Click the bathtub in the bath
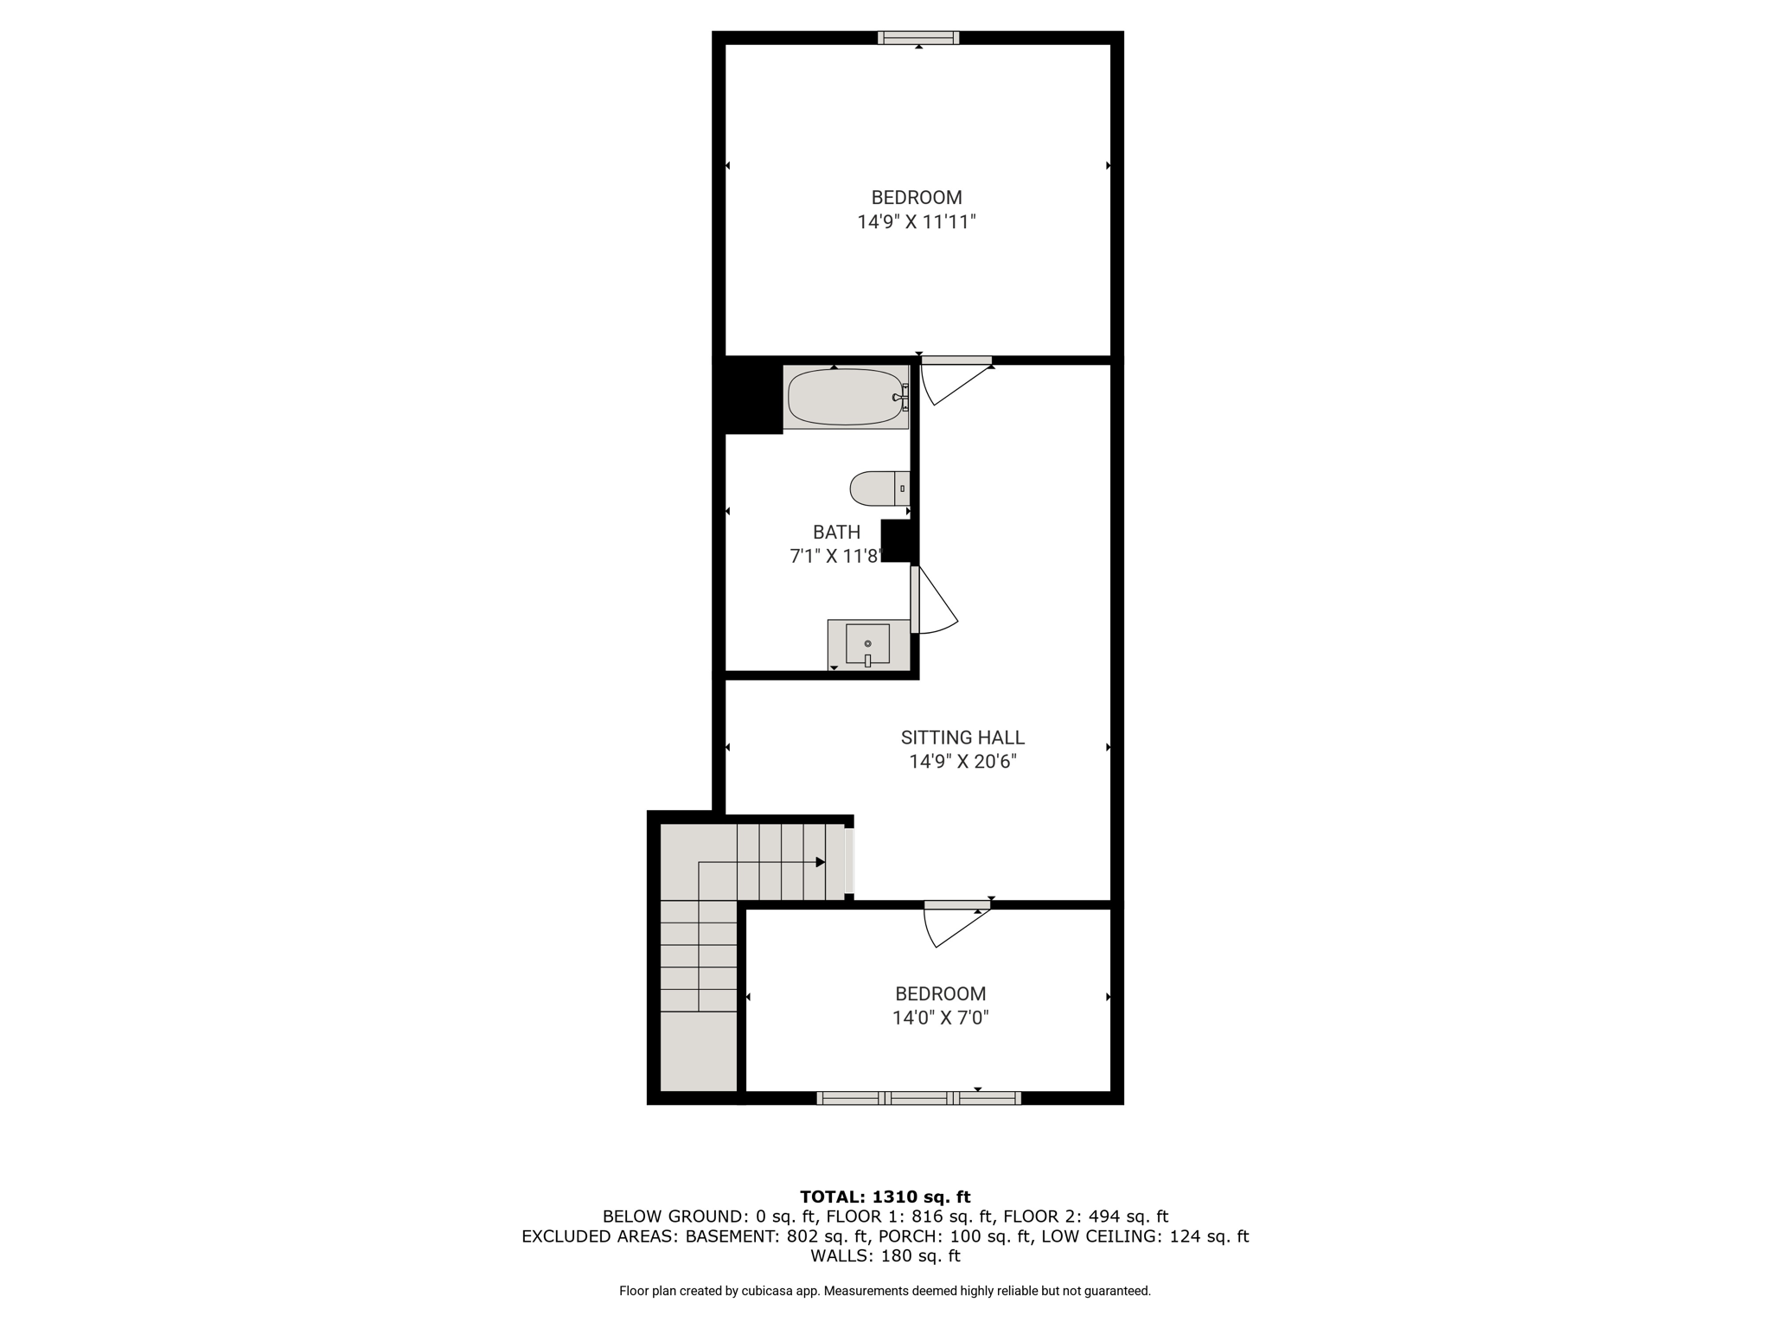tap(846, 397)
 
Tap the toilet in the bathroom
tap(879, 488)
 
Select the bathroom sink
tap(868, 644)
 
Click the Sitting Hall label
tap(962, 737)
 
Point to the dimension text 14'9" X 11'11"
tap(917, 222)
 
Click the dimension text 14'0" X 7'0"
tap(941, 1018)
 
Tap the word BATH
tap(836, 532)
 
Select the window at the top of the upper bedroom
tap(918, 37)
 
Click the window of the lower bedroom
tap(918, 1098)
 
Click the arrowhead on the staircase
tap(820, 862)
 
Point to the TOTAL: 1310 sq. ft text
tap(885, 1197)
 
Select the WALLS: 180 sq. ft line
tap(885, 1255)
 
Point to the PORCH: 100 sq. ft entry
tap(991, 1236)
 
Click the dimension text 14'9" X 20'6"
tap(962, 762)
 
